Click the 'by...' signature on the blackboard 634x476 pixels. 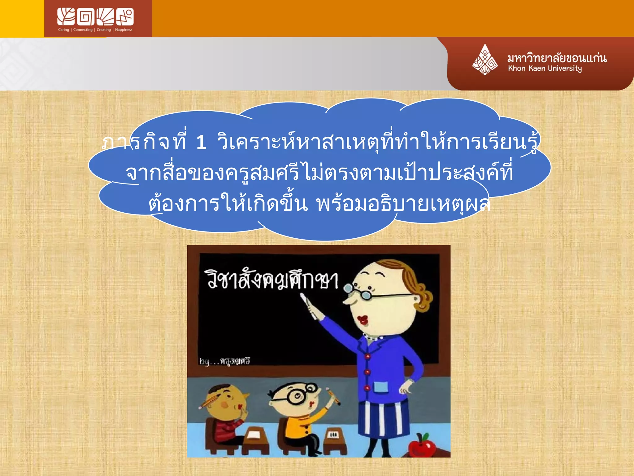(224, 361)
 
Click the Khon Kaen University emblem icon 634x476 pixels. (485, 60)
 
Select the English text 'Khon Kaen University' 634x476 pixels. (545, 68)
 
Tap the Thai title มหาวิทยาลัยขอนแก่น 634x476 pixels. (557, 58)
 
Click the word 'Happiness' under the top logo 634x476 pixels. (124, 30)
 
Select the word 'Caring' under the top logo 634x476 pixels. (63, 30)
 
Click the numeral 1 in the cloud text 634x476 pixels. (201, 143)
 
